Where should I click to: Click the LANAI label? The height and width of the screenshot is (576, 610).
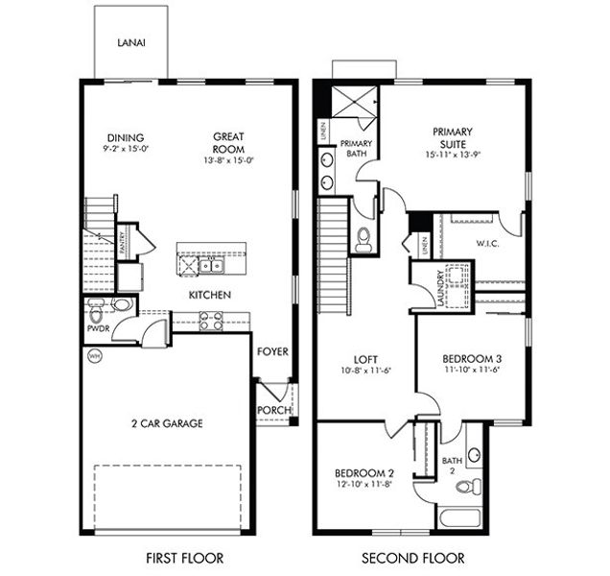pos(130,42)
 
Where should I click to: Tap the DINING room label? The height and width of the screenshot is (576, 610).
pos(127,137)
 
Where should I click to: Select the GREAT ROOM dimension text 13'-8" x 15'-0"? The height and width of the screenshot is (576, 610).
pos(228,161)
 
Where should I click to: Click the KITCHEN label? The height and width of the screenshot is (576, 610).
pos(208,295)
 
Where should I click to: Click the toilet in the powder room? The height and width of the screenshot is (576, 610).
pos(97,312)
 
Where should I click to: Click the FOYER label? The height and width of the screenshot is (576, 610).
pos(272,351)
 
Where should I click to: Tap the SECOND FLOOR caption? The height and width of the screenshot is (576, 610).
pos(413,557)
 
